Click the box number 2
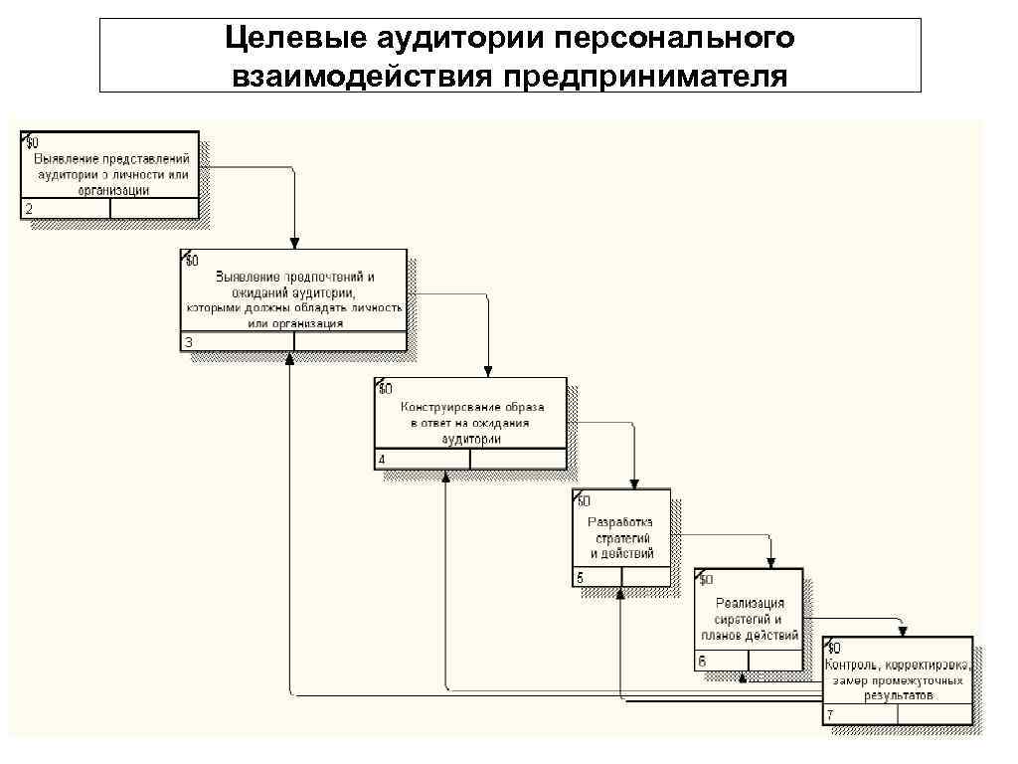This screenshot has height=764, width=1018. tap(28, 209)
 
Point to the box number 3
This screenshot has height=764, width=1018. tap(188, 342)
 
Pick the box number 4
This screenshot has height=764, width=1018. tap(381, 460)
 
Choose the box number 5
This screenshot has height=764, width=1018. tap(580, 578)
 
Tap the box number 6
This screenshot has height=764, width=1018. tap(702, 661)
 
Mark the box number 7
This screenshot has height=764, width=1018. tap(830, 715)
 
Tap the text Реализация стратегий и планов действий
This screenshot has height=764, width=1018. tap(749, 619)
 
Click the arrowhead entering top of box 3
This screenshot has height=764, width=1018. tap(294, 243)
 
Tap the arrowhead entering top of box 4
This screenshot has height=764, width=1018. tap(488, 372)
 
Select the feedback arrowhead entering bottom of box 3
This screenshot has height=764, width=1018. tap(289, 358)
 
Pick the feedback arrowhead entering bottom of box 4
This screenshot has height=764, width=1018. tap(445, 477)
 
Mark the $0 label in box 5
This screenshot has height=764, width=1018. tap(584, 499)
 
